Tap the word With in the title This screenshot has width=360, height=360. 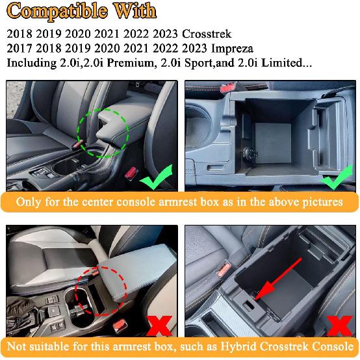135,10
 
